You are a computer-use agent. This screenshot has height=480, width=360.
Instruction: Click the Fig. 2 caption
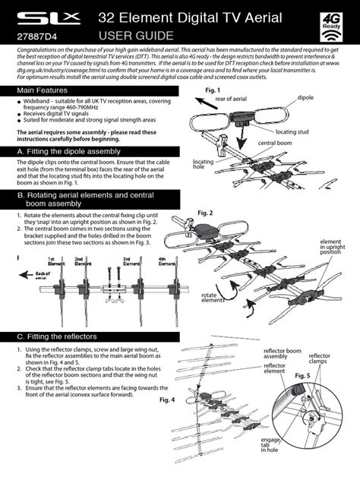tap(205, 213)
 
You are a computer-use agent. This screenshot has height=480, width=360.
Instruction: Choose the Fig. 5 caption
tap(303, 376)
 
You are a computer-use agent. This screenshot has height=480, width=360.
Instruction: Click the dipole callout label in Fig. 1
tap(305, 98)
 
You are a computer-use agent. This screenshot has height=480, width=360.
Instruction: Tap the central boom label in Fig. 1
tap(274, 143)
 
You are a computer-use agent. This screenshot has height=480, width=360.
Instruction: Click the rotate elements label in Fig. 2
tap(213, 298)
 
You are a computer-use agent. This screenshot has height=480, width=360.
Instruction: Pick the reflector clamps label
tap(319, 358)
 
